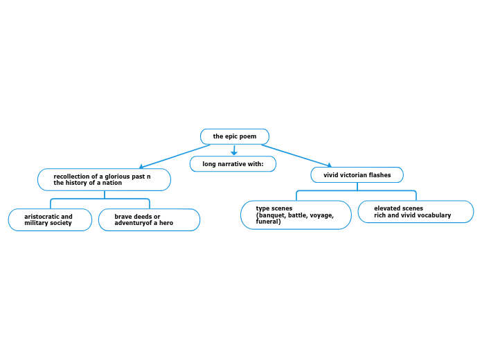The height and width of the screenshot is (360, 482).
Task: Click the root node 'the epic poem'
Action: pyautogui.click(x=235, y=136)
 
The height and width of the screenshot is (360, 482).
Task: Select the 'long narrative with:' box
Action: pyautogui.click(x=233, y=164)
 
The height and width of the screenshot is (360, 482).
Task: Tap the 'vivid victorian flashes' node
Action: pyautogui.click(x=357, y=175)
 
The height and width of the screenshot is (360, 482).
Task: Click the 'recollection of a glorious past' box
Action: pyautogui.click(x=104, y=179)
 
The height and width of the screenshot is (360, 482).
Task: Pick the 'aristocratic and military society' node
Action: pyautogui.click(x=50, y=219)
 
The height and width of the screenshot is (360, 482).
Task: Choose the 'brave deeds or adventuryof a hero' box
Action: pyautogui.click(x=149, y=219)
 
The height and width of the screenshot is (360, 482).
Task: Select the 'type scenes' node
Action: pyautogui.click(x=296, y=215)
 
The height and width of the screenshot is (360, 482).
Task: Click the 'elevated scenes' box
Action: pyautogui.click(x=416, y=212)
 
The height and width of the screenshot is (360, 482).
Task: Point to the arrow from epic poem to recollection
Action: pyautogui.click(x=175, y=156)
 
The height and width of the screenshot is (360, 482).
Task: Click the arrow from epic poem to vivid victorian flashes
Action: pyautogui.click(x=296, y=156)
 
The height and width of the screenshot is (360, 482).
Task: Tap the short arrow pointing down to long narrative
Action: pyautogui.click(x=235, y=150)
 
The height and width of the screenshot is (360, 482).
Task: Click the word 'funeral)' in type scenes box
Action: pyautogui.click(x=268, y=222)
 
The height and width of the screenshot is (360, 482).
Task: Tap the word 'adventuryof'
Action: pyautogui.click(x=134, y=223)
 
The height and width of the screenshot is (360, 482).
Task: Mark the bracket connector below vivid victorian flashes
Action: pyautogui.click(x=357, y=191)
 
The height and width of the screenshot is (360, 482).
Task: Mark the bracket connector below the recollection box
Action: pyautogui.click(x=104, y=199)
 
